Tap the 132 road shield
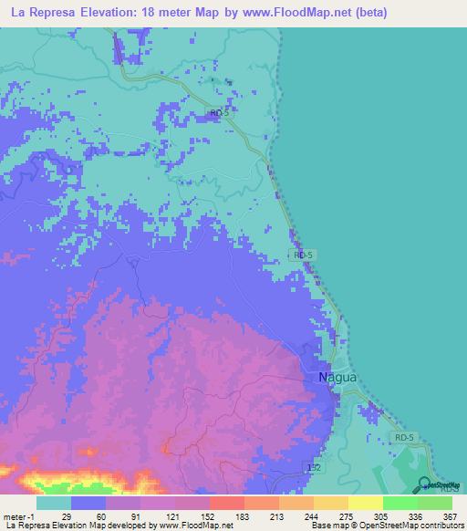312,466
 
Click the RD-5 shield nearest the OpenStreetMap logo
407,439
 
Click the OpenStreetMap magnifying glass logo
425,484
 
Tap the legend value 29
54,515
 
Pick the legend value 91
124,515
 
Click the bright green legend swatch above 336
400,503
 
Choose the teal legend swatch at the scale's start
54,503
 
